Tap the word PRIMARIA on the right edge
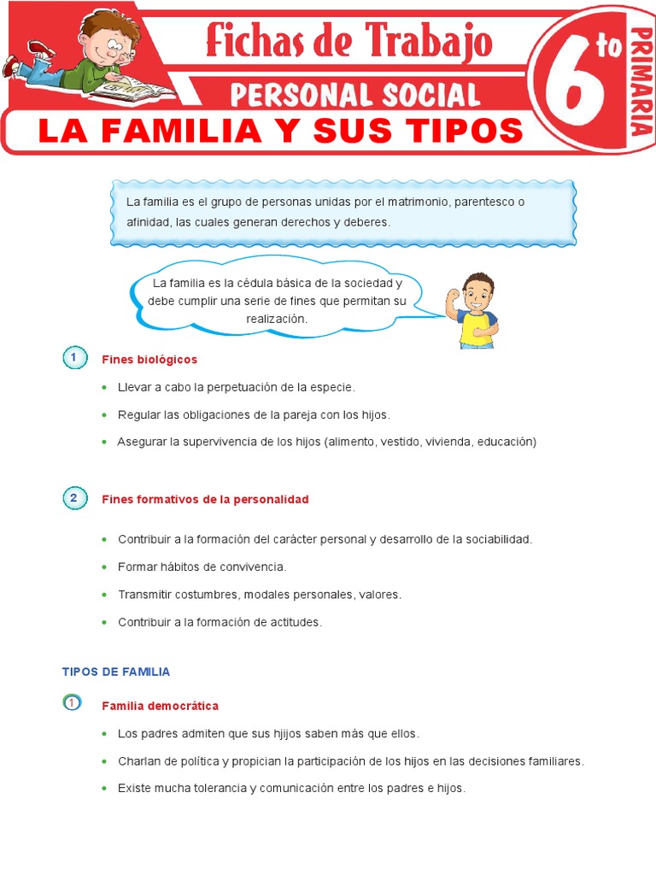[x=641, y=81]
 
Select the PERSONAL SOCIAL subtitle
[x=354, y=94]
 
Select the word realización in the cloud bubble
[x=276, y=319]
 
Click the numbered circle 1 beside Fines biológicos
[x=74, y=358]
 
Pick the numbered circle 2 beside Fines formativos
[x=74, y=498]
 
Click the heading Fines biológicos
[x=149, y=360]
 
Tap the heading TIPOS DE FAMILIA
[x=116, y=672]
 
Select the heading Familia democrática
[x=160, y=706]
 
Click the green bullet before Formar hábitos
[x=104, y=567]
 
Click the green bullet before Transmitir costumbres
[x=104, y=594]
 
